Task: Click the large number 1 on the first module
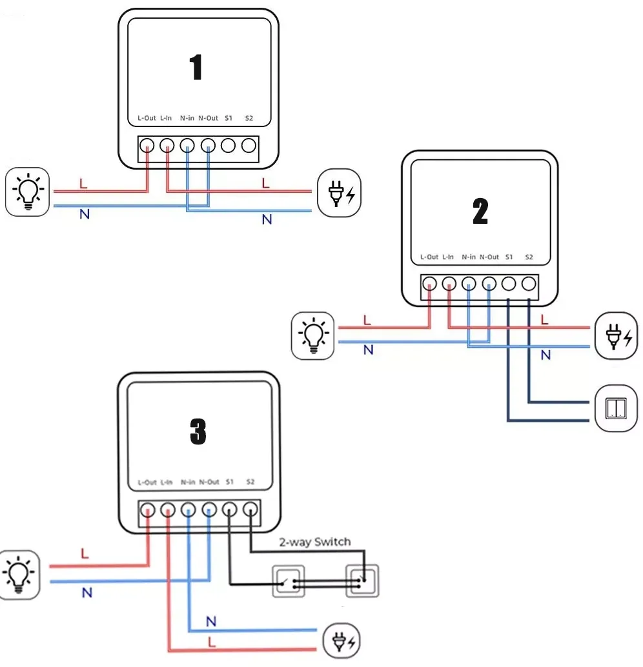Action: point(196,67)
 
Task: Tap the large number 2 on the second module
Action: point(480,211)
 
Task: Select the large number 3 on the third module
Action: point(198,432)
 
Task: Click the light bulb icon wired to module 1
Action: point(28,192)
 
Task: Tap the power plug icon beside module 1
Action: point(340,193)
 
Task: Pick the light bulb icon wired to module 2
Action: point(313,335)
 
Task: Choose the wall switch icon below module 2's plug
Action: point(616,408)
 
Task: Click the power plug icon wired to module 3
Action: point(342,641)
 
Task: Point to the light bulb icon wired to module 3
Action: point(19,575)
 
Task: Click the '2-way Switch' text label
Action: point(315,542)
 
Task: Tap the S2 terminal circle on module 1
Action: point(249,146)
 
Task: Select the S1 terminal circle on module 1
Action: point(229,146)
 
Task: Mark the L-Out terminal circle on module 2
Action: point(429,284)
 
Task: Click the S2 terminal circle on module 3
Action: point(250,509)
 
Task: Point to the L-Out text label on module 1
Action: point(147,118)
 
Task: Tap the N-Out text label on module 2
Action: point(489,257)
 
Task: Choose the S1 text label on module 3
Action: point(230,481)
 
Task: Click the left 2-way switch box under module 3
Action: point(289,581)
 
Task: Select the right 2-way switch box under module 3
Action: point(362,581)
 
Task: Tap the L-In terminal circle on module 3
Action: point(168,510)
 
